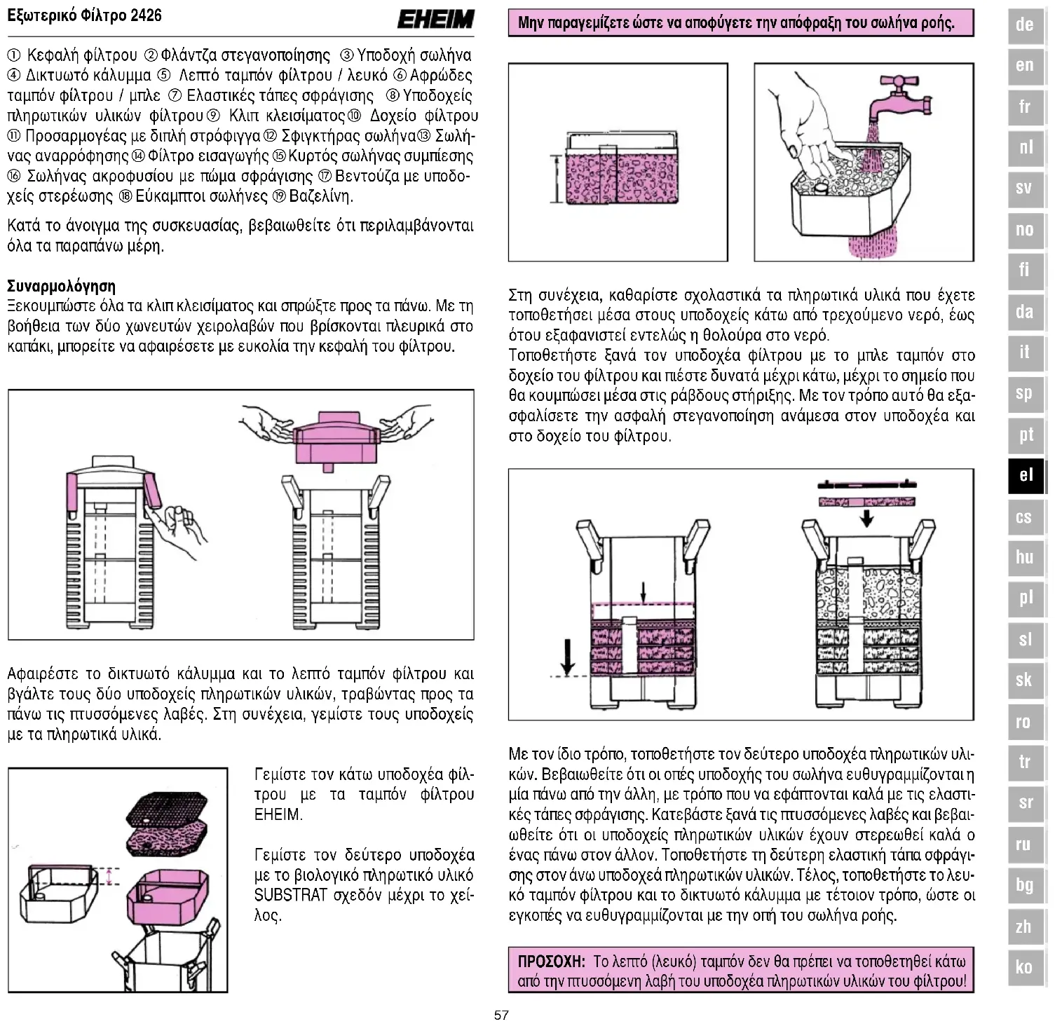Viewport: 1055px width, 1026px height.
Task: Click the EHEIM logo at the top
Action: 435,19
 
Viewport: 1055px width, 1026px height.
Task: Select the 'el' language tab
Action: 1026,475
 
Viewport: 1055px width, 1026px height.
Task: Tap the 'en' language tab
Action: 1025,66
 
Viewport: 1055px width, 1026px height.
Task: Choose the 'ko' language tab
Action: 1024,967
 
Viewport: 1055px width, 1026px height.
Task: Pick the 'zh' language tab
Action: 1024,926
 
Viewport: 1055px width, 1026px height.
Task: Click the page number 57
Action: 501,1015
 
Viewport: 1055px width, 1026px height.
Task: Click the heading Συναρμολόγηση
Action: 61,286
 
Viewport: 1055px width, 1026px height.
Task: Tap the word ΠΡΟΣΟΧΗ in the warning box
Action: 551,961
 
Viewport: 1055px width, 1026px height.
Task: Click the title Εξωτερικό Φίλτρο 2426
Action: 84,15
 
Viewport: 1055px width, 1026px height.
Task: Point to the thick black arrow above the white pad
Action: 867,517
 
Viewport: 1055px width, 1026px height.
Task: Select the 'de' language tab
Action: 1025,25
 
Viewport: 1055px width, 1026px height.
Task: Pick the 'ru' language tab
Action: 1024,844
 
